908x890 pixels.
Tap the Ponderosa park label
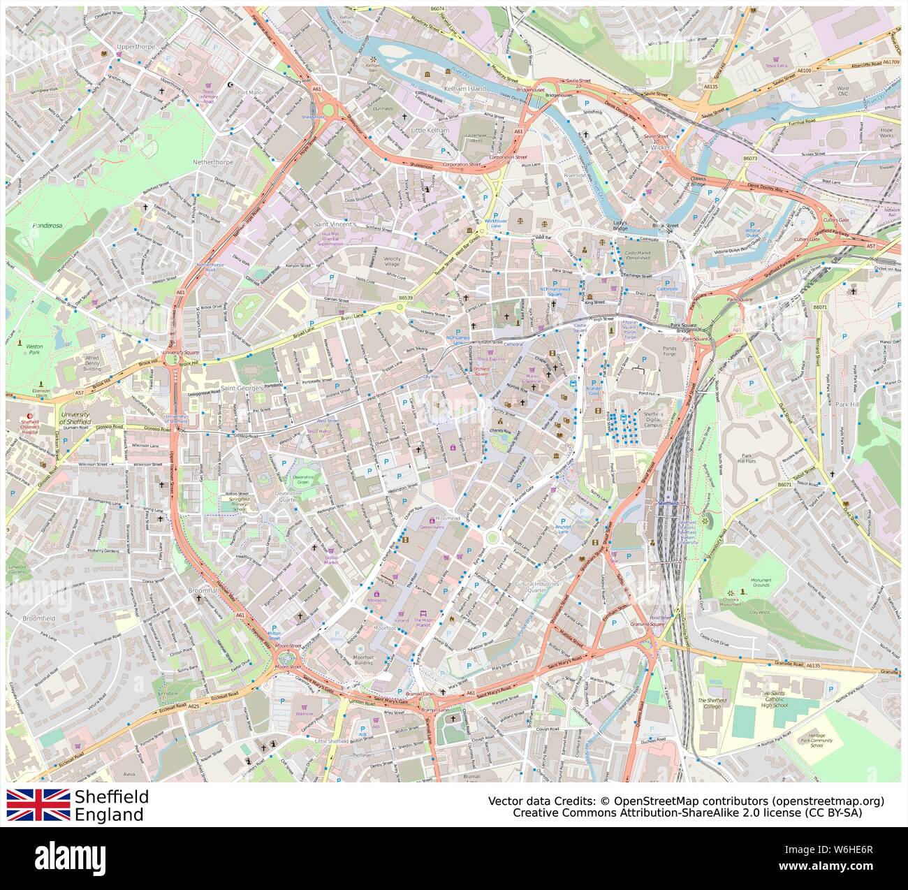pyautogui.click(x=47, y=226)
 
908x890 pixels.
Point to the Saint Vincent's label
pyautogui.click(x=335, y=224)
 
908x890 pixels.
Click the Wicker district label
pyautogui.click(x=661, y=148)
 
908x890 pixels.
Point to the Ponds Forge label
pyautogui.click(x=670, y=350)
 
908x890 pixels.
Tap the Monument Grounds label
pyautogui.click(x=761, y=583)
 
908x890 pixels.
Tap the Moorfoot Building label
pyautogui.click(x=363, y=660)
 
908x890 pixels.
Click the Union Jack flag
pyautogui.click(x=38, y=805)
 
